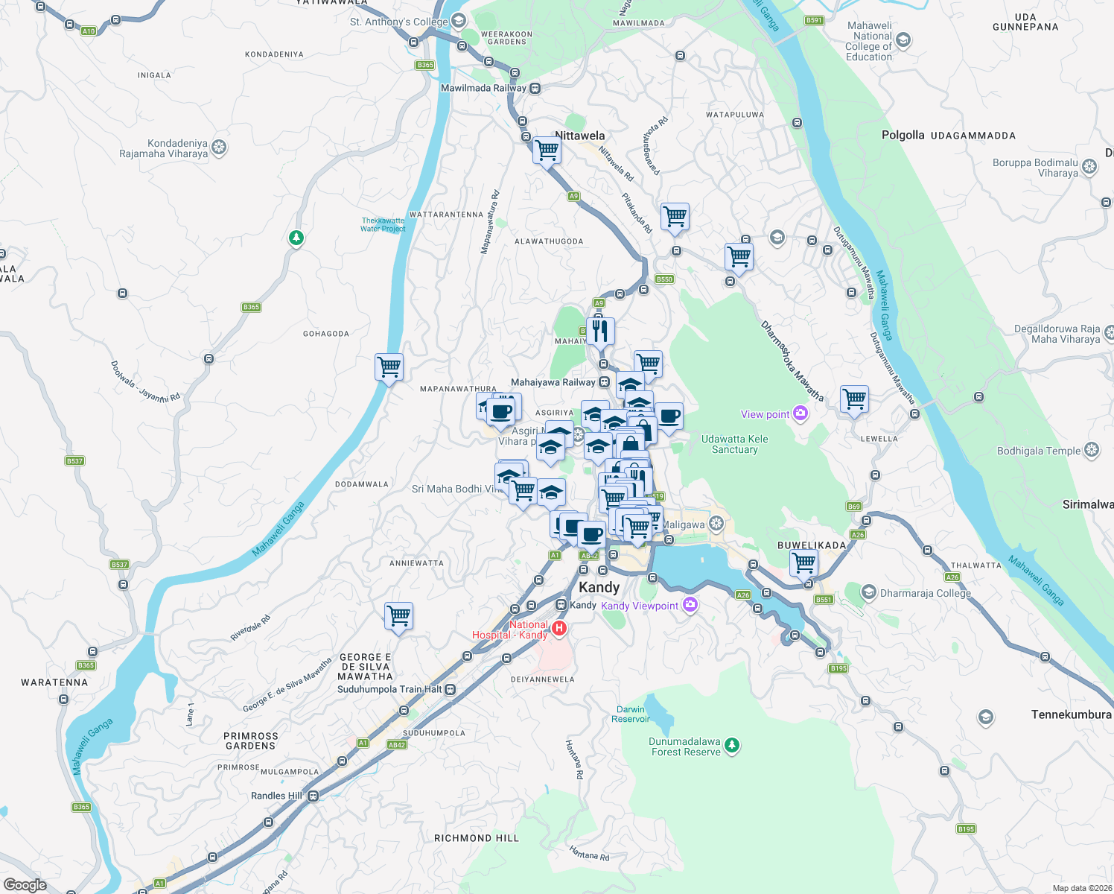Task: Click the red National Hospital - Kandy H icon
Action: pyautogui.click(x=559, y=629)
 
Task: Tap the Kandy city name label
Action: pyautogui.click(x=599, y=587)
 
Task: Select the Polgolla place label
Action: pyautogui.click(x=903, y=135)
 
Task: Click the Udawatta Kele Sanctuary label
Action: pyautogui.click(x=734, y=444)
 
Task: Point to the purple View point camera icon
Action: pyautogui.click(x=801, y=413)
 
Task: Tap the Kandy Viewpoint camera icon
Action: pyautogui.click(x=690, y=605)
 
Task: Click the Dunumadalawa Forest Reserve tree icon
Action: pyautogui.click(x=732, y=745)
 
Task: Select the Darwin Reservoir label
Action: pyautogui.click(x=630, y=714)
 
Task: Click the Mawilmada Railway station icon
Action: pyautogui.click(x=535, y=89)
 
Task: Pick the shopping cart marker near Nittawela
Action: pyautogui.click(x=547, y=150)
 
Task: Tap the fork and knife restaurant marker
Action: pyautogui.click(x=600, y=330)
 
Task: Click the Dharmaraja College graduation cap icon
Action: pyautogui.click(x=868, y=592)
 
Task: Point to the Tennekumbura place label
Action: pyautogui.click(x=1071, y=714)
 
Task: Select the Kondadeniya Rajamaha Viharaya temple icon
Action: pyautogui.click(x=219, y=148)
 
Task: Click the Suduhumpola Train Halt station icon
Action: pyautogui.click(x=450, y=690)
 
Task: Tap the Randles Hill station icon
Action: pyautogui.click(x=313, y=796)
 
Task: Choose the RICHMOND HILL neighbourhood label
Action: pyautogui.click(x=477, y=838)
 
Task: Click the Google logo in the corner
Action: pyautogui.click(x=25, y=885)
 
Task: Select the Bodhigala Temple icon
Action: pyautogui.click(x=1092, y=450)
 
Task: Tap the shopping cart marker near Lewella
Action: pyautogui.click(x=854, y=399)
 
